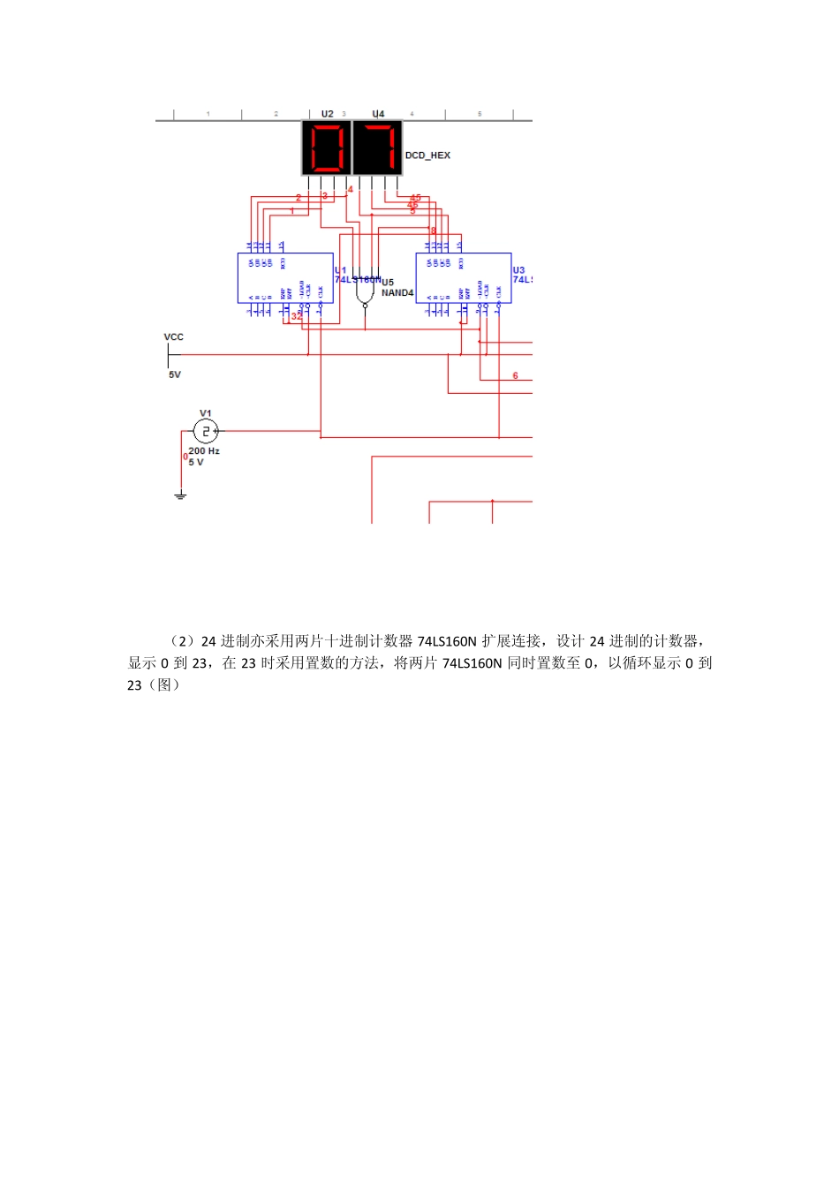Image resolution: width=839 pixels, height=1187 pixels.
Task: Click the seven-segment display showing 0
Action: (x=327, y=147)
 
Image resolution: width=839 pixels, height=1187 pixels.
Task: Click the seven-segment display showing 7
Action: (x=377, y=147)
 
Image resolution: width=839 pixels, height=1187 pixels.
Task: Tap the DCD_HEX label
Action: (x=427, y=155)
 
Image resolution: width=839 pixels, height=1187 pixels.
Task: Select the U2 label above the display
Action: (x=327, y=114)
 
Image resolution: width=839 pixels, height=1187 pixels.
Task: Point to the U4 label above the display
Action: (x=378, y=114)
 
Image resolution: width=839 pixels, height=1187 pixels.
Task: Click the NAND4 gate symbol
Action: (x=365, y=291)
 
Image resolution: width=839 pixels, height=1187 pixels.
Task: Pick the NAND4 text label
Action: (x=397, y=293)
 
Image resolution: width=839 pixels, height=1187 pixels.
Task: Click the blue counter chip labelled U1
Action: (x=285, y=277)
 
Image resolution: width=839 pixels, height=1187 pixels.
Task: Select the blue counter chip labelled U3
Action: (x=463, y=277)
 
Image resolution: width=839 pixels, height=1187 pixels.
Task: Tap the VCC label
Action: (x=174, y=337)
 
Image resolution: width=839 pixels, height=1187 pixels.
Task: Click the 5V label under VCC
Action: (x=175, y=374)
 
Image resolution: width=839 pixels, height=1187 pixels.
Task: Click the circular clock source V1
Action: (x=205, y=431)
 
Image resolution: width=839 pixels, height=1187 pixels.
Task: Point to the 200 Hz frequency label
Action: (x=204, y=451)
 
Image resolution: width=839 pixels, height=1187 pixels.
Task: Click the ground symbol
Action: (x=180, y=495)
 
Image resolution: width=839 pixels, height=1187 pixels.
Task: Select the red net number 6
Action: (x=516, y=376)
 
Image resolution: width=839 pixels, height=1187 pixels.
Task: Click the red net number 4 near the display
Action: (x=350, y=189)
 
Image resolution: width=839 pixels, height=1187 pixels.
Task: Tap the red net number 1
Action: (x=292, y=211)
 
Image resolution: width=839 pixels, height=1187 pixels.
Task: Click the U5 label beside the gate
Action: (x=388, y=283)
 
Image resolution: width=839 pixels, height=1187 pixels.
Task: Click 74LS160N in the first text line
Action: (x=447, y=641)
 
